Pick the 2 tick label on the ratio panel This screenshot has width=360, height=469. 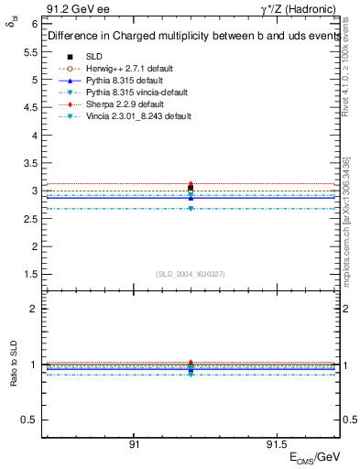[x=35, y=309]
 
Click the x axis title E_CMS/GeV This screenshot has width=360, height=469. [x=314, y=456]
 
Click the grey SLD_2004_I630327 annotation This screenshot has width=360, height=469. [x=190, y=274]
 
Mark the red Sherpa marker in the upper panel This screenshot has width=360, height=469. [x=191, y=184]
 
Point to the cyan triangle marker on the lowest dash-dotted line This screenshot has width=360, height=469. [x=191, y=209]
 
